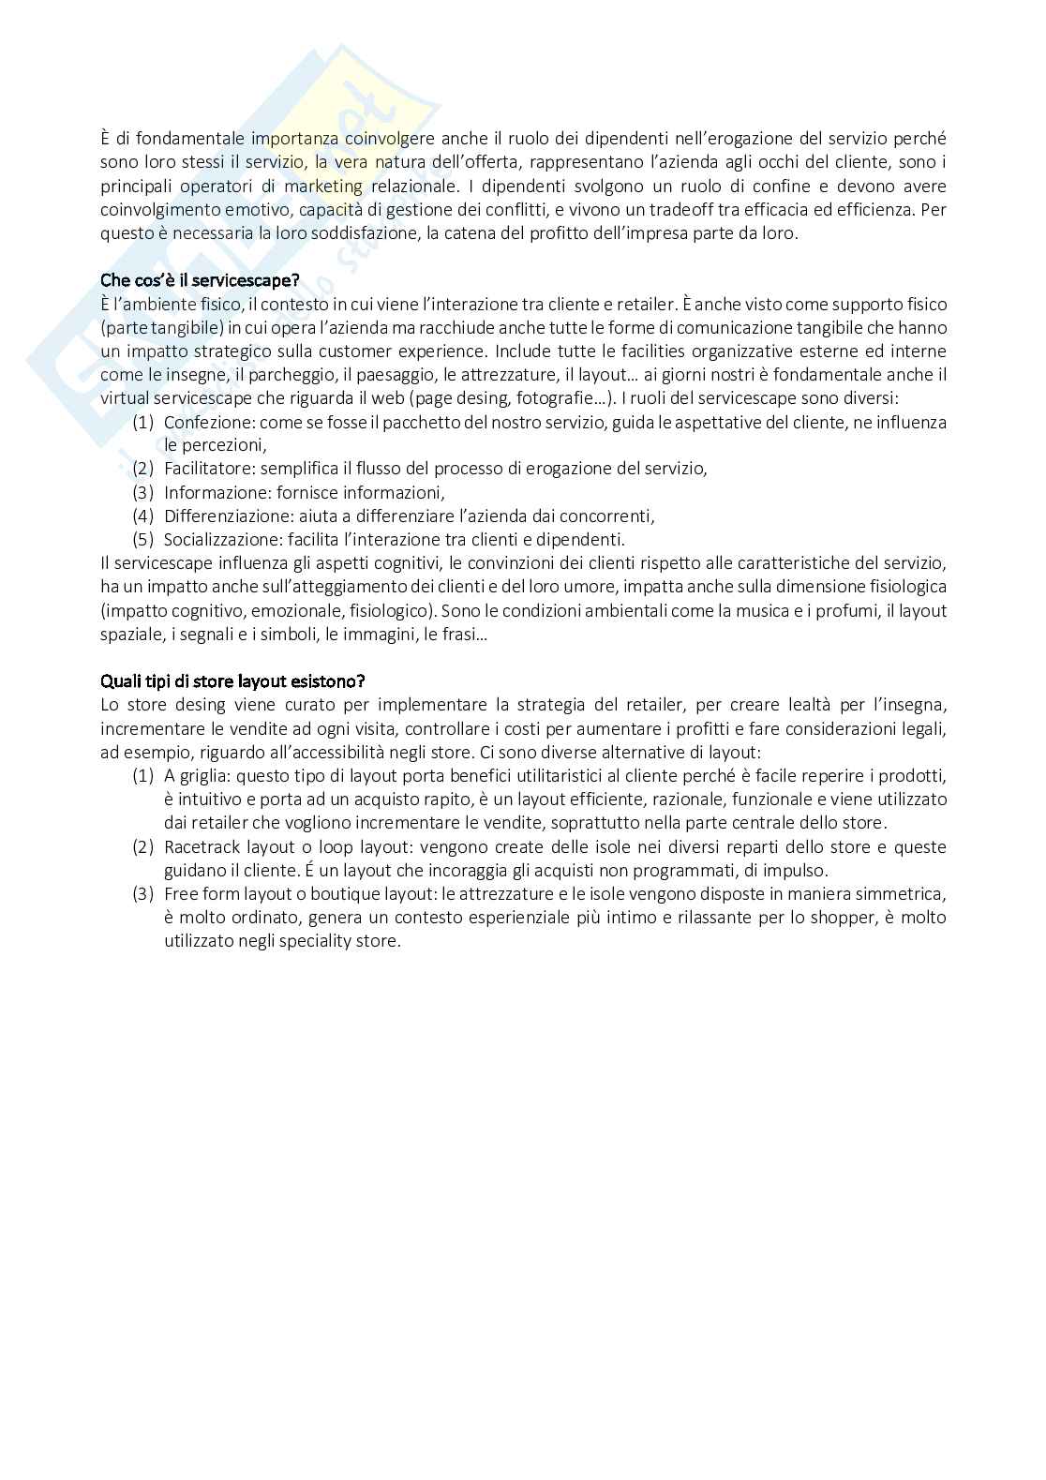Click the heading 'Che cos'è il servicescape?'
[200, 280]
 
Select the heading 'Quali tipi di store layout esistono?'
[232, 680]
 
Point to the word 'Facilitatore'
[209, 469]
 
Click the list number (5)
[142, 539]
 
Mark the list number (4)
[142, 516]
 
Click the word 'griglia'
[205, 776]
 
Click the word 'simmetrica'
[904, 893]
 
